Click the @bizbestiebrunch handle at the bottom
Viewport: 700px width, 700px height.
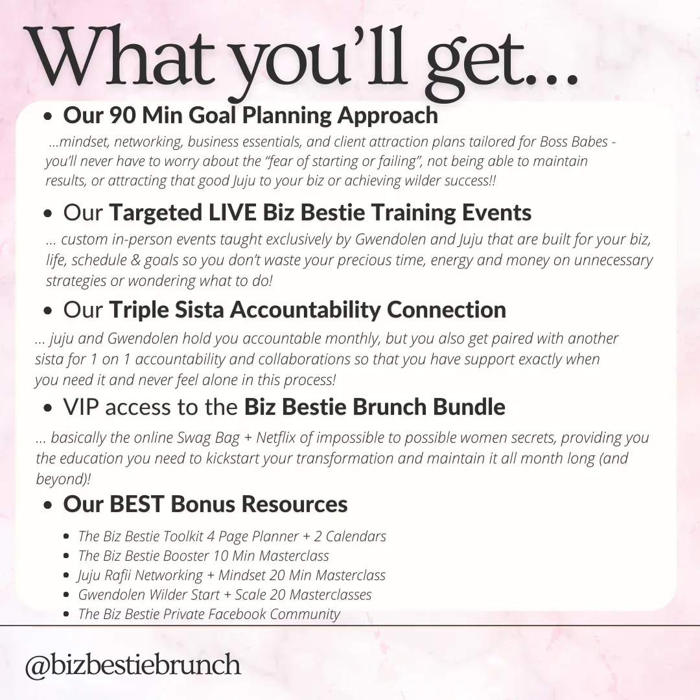tap(133, 665)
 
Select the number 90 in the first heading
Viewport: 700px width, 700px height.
tap(122, 115)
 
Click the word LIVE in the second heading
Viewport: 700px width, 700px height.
tap(232, 212)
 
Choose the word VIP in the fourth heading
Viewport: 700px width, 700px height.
tap(81, 407)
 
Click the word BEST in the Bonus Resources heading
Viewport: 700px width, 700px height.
tap(136, 504)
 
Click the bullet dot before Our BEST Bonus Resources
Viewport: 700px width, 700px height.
tap(48, 506)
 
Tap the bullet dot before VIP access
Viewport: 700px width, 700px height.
tap(48, 408)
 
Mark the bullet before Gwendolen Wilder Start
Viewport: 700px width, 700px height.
tap(67, 595)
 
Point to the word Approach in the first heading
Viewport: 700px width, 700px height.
tap(388, 116)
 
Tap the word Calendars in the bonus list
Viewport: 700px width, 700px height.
tap(356, 536)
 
